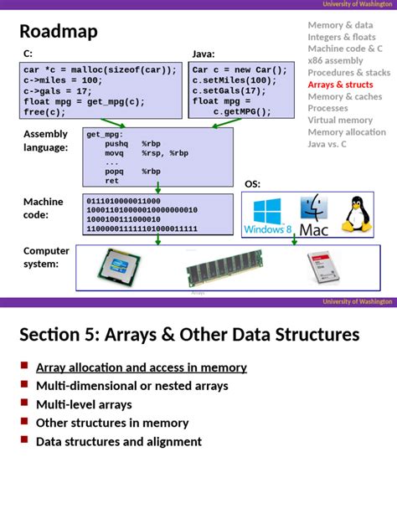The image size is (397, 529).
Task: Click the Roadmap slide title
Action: pos(59,32)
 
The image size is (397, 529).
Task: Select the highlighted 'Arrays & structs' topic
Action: pos(341,85)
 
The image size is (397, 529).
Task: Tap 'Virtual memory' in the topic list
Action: pos(341,120)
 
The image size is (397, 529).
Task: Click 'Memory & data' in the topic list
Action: pos(340,25)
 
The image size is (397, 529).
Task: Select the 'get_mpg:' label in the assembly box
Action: pos(105,134)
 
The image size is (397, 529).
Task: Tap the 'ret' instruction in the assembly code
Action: pos(111,180)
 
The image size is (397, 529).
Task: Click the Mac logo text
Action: pos(314,229)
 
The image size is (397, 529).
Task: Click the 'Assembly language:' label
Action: pos(46,141)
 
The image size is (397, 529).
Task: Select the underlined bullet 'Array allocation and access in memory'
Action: pos(141,367)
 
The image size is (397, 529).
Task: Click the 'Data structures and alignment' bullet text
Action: pos(118,441)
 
